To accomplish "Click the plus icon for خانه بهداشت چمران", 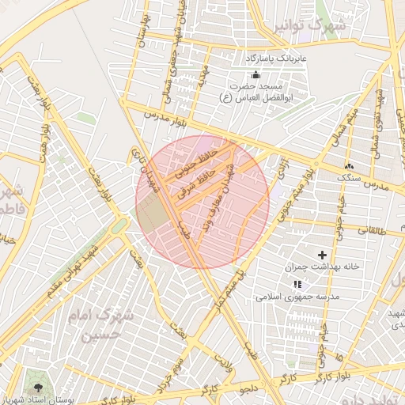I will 322,255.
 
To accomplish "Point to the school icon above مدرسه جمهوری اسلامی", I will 297,284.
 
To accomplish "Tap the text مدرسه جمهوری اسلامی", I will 297,297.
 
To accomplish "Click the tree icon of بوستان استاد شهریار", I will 38,387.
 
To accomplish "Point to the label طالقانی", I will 373,231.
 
